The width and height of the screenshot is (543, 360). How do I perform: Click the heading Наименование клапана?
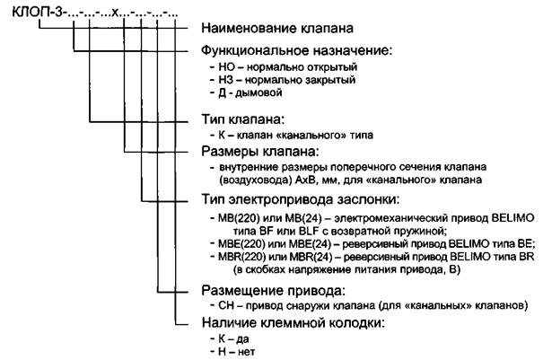(x=277, y=28)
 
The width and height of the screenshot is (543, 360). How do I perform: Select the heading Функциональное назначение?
(x=297, y=50)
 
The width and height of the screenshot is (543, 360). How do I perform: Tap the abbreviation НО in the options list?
(x=226, y=66)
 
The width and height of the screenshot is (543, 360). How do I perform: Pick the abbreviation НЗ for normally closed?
(x=226, y=80)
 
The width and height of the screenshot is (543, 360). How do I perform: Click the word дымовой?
(x=258, y=92)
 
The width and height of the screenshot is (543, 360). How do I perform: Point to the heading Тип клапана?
(x=242, y=120)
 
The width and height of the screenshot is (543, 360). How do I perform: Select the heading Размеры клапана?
(x=259, y=152)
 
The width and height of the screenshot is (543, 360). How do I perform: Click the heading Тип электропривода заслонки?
(x=301, y=199)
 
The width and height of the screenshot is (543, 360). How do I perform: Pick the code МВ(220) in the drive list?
(x=239, y=218)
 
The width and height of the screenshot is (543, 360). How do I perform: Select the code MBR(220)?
(x=240, y=257)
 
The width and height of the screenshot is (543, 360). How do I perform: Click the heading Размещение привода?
(x=273, y=290)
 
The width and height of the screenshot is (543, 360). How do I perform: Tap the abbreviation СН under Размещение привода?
(x=226, y=305)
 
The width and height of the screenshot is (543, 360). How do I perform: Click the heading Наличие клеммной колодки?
(x=293, y=323)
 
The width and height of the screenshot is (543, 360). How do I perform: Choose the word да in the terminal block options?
(x=242, y=339)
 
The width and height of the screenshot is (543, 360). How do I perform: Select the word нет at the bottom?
(x=247, y=353)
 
